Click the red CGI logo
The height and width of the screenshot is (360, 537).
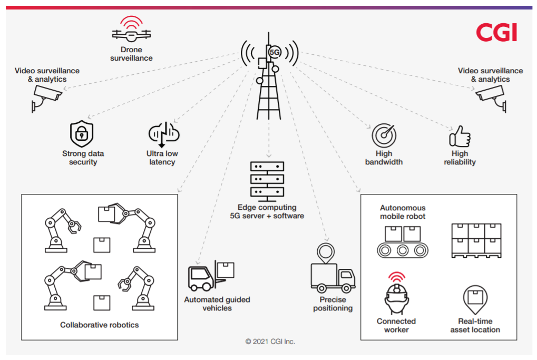coord(496,33)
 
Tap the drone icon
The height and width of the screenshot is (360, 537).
coord(131,33)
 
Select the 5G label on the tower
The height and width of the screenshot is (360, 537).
coord(275,53)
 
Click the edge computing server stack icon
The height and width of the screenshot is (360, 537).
coord(267,180)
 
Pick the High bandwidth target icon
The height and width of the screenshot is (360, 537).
coord(384,135)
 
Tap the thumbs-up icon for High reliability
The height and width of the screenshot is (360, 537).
coord(459,137)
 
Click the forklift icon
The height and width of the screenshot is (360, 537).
coord(211,276)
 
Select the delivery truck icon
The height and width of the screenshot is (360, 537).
coord(333,277)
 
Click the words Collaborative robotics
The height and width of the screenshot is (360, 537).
coord(100,325)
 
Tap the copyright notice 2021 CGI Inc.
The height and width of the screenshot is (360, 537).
coord(270,342)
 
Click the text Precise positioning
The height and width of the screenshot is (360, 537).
coord(333,304)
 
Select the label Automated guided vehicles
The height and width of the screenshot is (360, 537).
coord(217,304)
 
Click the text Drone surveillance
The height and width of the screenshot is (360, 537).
coord(131,54)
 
